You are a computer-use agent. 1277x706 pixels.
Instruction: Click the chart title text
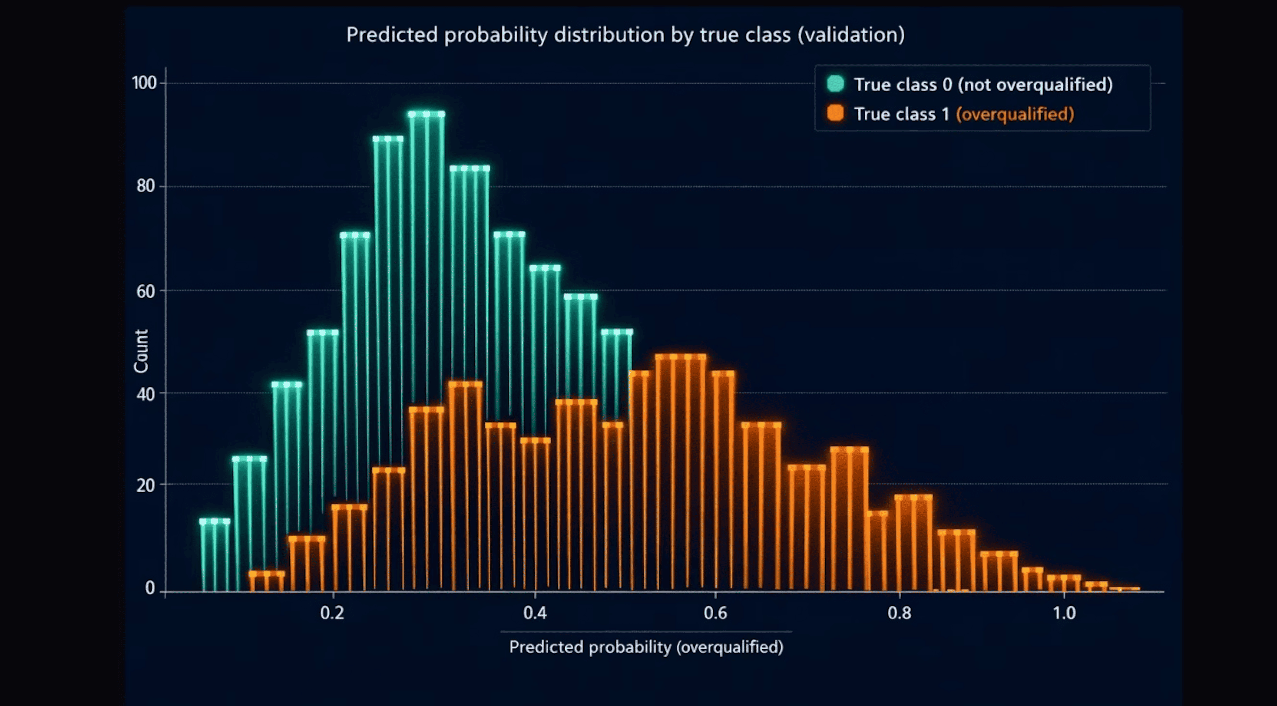point(625,35)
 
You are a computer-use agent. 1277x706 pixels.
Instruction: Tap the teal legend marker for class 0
point(835,84)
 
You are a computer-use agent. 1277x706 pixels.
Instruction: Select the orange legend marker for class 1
point(835,113)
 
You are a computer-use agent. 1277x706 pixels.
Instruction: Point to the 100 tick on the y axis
point(144,83)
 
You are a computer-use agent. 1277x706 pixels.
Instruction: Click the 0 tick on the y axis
point(150,588)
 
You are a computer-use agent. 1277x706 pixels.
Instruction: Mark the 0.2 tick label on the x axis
point(332,614)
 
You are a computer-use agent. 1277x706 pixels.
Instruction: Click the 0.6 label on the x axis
point(715,614)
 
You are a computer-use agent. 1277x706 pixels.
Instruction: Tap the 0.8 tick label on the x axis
point(899,614)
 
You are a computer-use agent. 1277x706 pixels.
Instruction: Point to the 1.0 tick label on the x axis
point(1064,614)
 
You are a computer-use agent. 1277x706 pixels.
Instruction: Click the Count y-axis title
point(141,351)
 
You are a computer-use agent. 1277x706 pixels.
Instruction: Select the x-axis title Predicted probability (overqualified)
point(646,647)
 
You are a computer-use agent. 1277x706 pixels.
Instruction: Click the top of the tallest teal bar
point(427,115)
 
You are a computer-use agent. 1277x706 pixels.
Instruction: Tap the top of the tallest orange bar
point(680,357)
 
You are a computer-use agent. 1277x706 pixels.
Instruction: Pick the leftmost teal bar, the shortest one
point(215,555)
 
